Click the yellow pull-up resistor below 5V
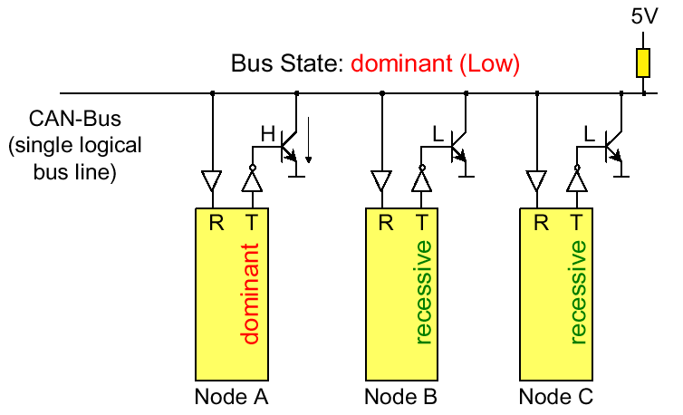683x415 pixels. coord(643,63)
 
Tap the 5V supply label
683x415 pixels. coord(643,15)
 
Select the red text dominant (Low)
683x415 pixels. coord(435,64)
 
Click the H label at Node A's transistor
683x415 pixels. coord(268,134)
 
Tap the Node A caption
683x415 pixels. coord(232,397)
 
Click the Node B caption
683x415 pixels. coord(401,397)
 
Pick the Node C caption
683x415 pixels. coord(556,397)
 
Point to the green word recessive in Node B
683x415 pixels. coord(423,292)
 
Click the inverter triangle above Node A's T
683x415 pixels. coord(251,181)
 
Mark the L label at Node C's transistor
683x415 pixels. coord(589,134)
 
